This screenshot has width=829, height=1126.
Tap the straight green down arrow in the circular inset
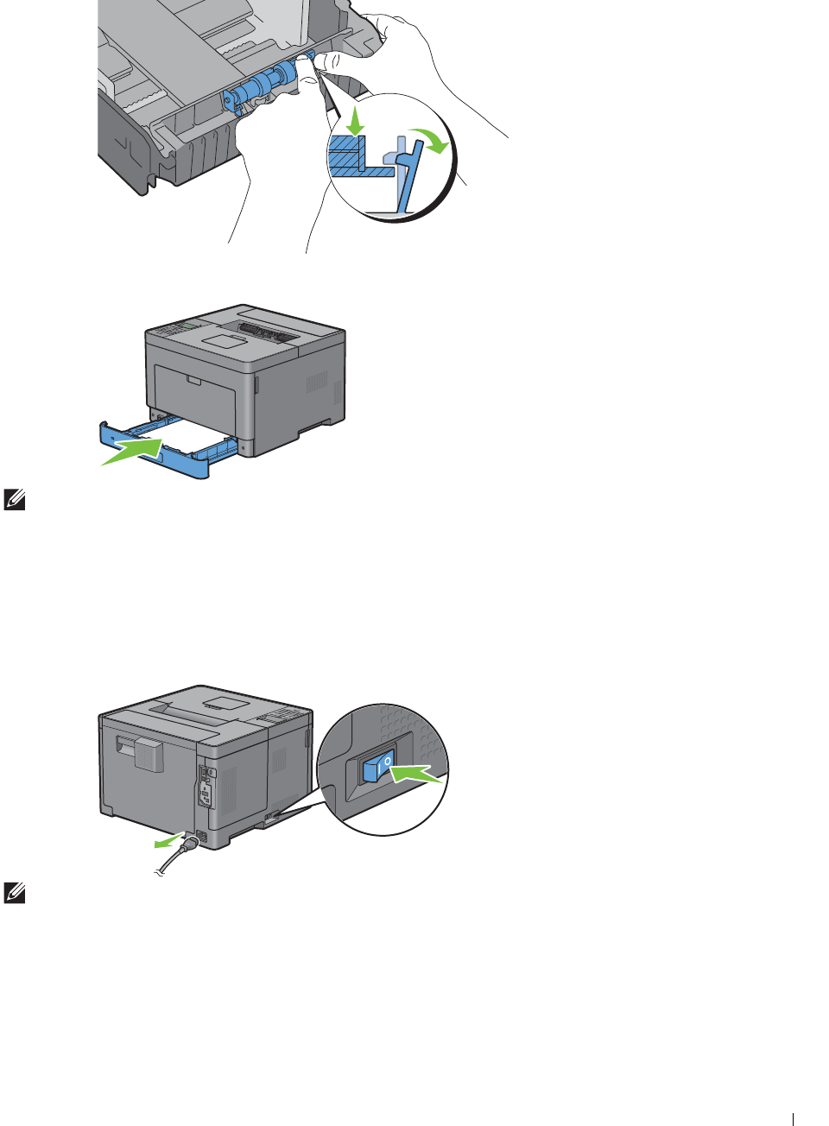[x=354, y=121]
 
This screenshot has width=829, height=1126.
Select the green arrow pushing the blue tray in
[x=132, y=452]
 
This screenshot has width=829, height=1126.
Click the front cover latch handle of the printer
[x=193, y=381]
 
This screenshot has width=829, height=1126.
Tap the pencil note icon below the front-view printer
[x=14, y=500]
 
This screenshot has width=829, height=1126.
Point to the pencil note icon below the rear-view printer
[x=14, y=893]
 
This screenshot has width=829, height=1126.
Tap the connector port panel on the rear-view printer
[x=206, y=787]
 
